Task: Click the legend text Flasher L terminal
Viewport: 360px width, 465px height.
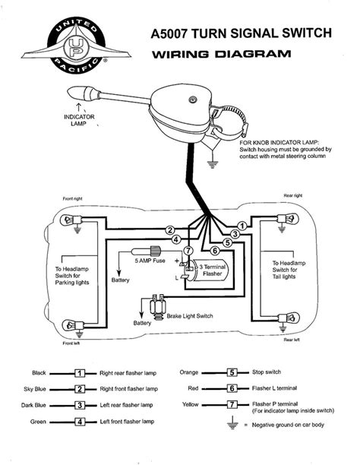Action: click(x=276, y=389)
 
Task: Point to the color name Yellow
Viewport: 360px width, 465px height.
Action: click(x=190, y=405)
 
